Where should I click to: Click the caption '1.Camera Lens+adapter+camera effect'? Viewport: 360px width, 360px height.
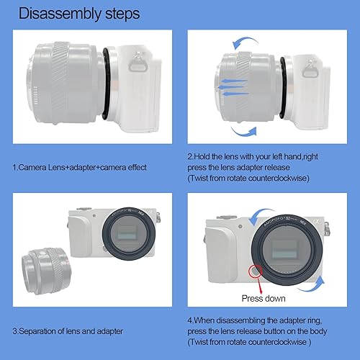coord(79,168)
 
